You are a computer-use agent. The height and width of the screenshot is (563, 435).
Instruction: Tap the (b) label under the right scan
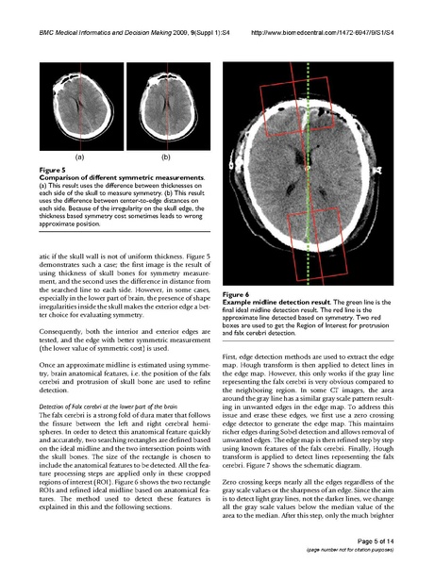coord(165,157)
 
